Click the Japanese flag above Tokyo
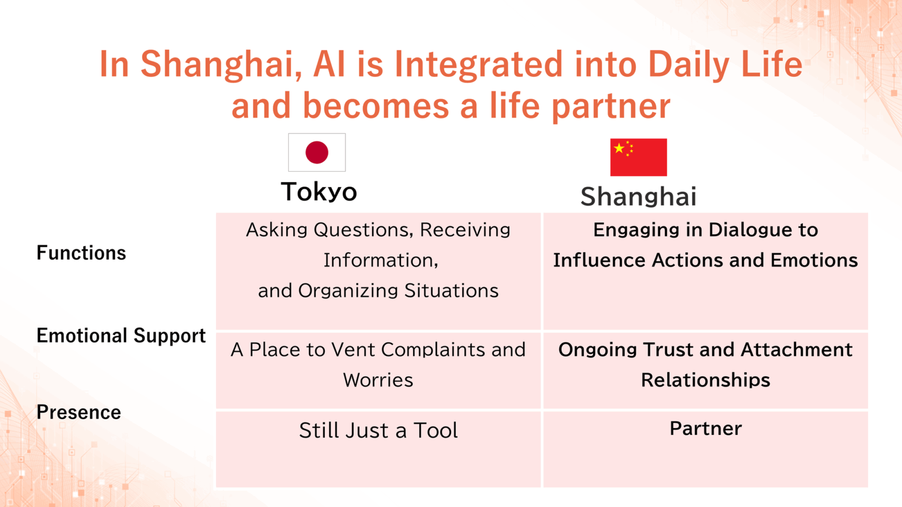[317, 153]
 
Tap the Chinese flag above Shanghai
[638, 157]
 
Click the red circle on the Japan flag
[317, 153]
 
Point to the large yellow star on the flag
[619, 148]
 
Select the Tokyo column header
[319, 192]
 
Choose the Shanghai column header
[638, 197]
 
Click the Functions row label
[81, 253]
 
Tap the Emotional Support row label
[121, 336]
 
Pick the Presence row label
[79, 412]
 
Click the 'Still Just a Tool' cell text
[378, 430]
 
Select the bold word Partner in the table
[705, 428]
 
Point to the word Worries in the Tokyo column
[378, 380]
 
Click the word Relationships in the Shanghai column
[705, 380]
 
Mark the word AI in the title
[329, 64]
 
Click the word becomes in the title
[376, 105]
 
